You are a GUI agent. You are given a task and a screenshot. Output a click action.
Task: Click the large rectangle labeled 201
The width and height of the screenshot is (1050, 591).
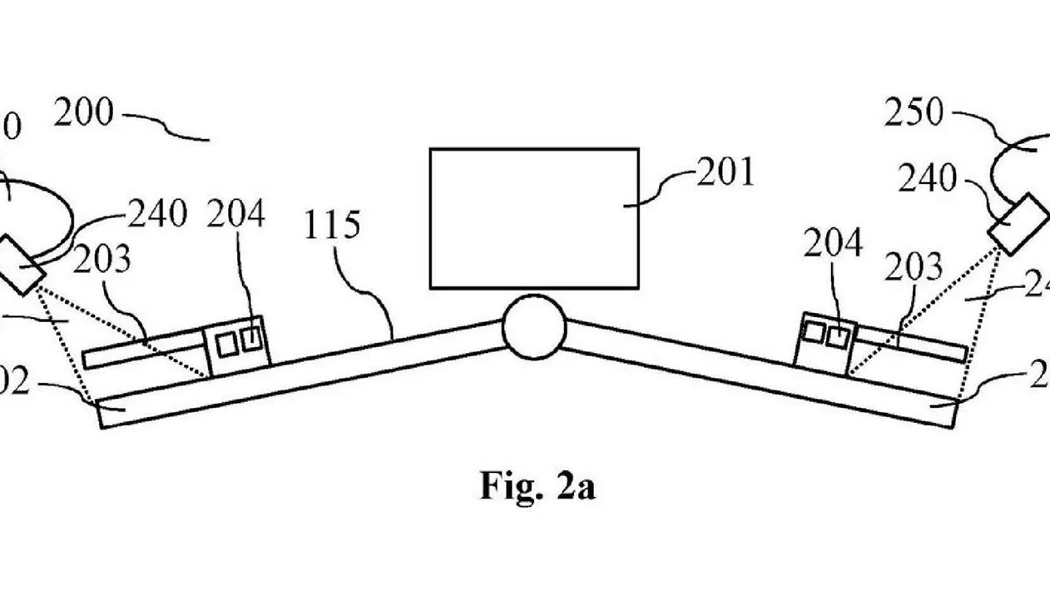pos(533,218)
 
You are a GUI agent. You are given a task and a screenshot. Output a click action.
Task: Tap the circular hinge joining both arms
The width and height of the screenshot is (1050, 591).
pos(534,329)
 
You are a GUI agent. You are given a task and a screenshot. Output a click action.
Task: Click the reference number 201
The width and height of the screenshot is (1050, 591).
pos(725,172)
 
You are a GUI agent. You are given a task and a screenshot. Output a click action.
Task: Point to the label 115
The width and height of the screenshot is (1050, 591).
pos(331,226)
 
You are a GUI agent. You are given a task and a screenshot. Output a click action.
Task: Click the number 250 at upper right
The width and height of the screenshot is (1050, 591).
pos(914,113)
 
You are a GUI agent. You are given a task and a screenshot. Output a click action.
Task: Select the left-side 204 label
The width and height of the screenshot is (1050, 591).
pos(236,216)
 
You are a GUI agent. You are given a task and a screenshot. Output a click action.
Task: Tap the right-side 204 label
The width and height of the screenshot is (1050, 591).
pos(833,244)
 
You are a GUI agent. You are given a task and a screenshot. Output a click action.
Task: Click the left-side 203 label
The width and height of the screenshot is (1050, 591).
pos(102,261)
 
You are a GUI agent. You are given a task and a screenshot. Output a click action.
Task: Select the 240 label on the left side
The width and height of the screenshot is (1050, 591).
pos(157,215)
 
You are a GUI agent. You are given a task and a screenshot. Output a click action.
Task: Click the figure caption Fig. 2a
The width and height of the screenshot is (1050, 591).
pos(537,485)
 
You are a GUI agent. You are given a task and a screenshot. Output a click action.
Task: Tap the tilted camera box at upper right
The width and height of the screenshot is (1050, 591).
pos(1018,223)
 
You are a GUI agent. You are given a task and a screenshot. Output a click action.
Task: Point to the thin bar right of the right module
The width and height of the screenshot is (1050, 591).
pos(911,343)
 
